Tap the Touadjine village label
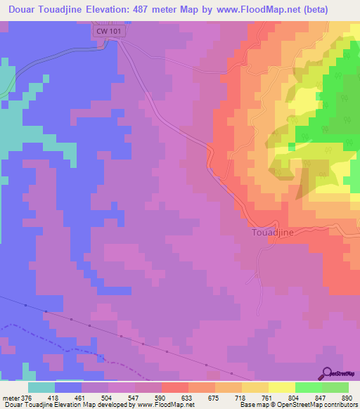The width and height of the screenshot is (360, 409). pos(272,231)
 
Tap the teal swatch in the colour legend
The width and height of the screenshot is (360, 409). pos(41,387)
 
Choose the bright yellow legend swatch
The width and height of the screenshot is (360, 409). pos(281,387)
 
